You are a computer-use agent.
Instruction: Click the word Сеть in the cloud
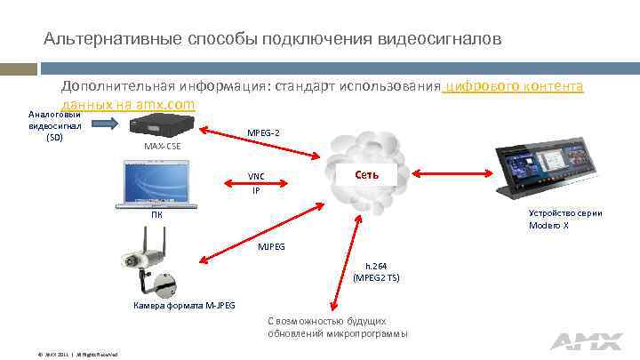click(x=366, y=174)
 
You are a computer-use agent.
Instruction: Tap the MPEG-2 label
click(x=263, y=133)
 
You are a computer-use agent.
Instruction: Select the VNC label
click(x=256, y=176)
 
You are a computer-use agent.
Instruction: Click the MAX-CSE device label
click(x=163, y=145)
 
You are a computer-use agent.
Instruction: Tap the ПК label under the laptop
click(x=156, y=215)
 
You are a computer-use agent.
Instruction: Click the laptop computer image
click(x=156, y=184)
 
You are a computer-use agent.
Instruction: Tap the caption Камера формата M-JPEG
click(x=185, y=306)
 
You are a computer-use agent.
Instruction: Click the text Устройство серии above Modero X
click(x=565, y=213)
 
